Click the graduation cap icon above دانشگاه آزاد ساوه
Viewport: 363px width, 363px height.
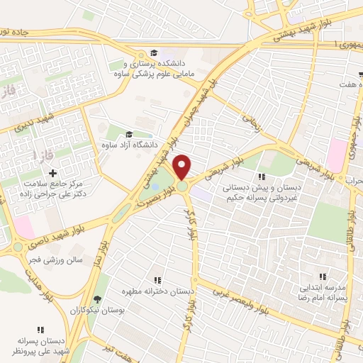pyautogui.click(x=128, y=135)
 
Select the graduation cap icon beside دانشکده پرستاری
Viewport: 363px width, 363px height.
pyautogui.click(x=153, y=52)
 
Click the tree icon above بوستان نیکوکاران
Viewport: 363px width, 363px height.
pyautogui.click(x=97, y=299)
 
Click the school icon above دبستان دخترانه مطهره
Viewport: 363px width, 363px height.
pyautogui.click(x=157, y=281)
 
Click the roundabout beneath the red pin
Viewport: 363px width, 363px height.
pyautogui.click(x=183, y=186)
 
